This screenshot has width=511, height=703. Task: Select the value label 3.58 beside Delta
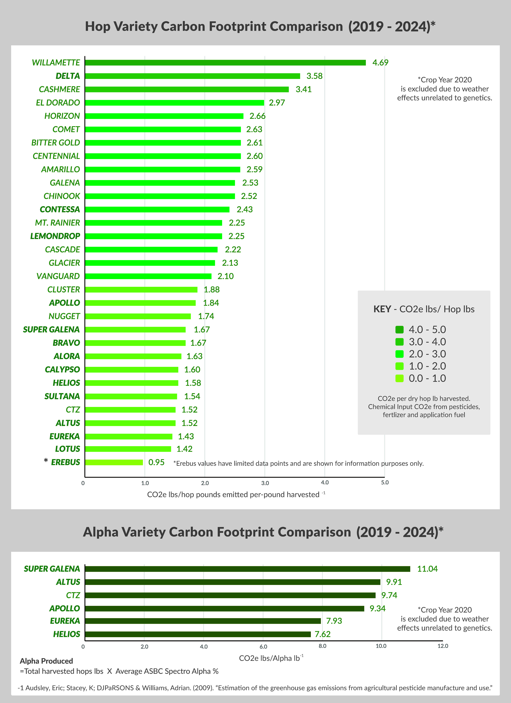coord(315,76)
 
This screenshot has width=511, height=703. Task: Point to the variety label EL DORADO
coord(58,103)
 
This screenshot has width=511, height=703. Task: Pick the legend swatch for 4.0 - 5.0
coord(399,330)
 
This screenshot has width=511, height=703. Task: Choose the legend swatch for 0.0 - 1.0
coord(399,378)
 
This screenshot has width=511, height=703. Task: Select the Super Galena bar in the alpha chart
coord(248,569)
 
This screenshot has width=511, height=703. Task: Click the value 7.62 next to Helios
coord(323,634)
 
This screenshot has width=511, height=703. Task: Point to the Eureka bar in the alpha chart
coord(203,621)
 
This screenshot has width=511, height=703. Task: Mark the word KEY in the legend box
coord(382,309)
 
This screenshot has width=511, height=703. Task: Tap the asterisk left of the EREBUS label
coord(46,461)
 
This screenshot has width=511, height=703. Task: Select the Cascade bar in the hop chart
coord(151,249)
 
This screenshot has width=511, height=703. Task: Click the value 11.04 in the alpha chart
coord(427,569)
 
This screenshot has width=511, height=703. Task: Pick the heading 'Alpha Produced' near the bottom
coord(46,661)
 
